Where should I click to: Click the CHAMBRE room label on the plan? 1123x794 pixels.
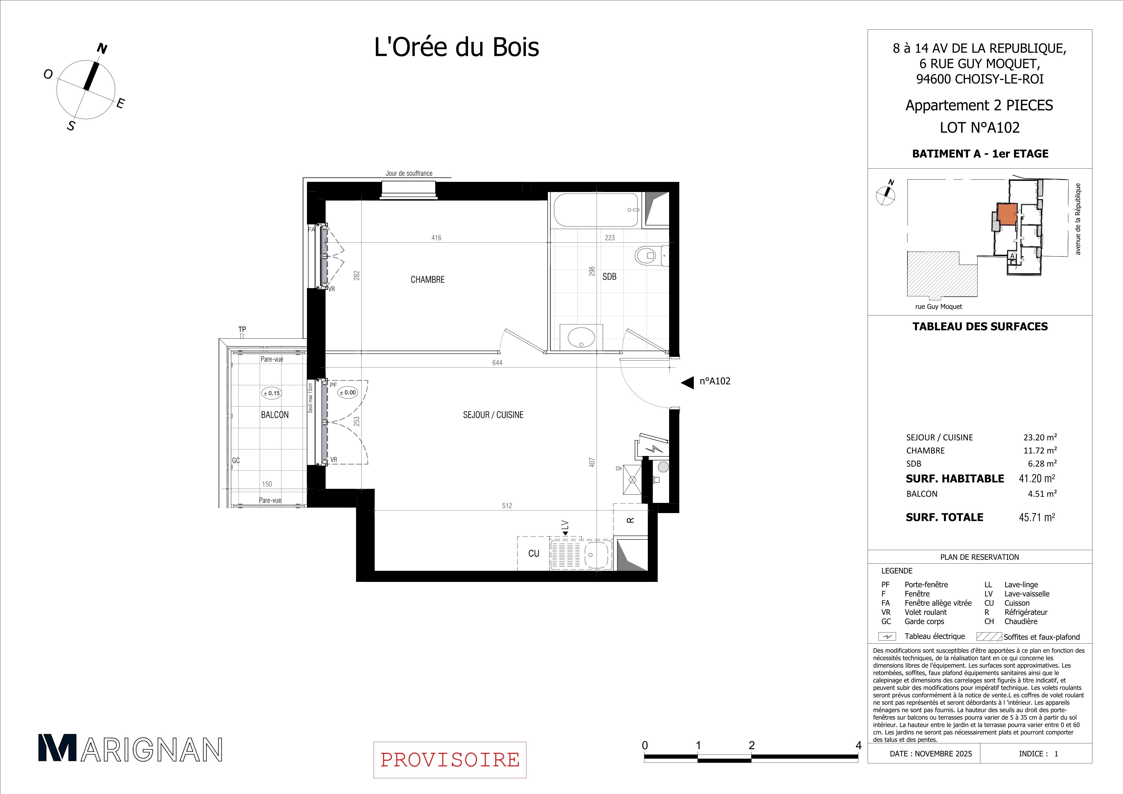(x=427, y=280)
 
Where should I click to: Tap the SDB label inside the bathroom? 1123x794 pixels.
(x=610, y=277)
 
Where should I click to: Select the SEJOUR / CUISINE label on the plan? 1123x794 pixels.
(x=493, y=415)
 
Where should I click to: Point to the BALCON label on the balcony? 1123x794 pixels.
(x=275, y=415)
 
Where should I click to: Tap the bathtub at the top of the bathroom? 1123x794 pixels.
(x=596, y=210)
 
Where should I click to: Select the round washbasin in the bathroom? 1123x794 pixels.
(x=581, y=337)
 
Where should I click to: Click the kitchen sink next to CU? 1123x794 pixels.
(x=581, y=555)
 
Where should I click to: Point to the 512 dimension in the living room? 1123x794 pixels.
(x=507, y=506)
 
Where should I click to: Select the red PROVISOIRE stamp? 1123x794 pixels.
(x=450, y=760)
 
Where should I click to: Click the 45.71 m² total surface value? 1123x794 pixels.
(x=1037, y=517)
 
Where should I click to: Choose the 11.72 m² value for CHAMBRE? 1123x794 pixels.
(x=1040, y=450)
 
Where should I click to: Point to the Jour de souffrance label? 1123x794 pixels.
(x=409, y=173)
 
